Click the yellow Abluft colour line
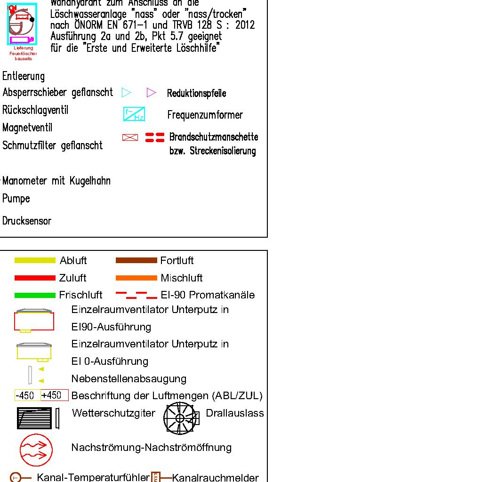(35, 260)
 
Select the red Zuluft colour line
(35, 278)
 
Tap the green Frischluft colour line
(35, 295)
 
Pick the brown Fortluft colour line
(136, 260)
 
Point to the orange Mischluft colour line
(136, 278)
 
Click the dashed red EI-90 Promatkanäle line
(136, 295)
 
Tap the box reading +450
(54, 395)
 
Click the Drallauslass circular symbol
(179, 418)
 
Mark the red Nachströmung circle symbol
(36, 450)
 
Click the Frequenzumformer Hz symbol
(134, 114)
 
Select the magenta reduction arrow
(151, 92)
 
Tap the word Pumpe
(16, 199)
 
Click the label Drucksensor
(27, 221)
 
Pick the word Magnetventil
(27, 128)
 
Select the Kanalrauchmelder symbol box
(156, 477)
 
